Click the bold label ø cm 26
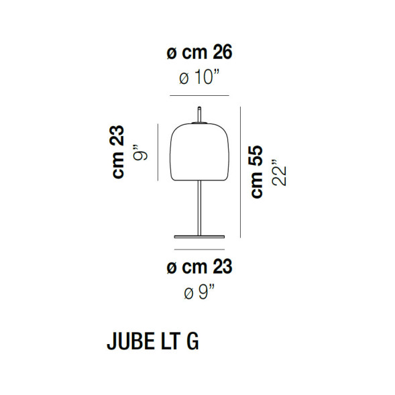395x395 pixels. pos(199,52)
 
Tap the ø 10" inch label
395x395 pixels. pos(199,79)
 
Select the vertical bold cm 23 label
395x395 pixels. pos(119,153)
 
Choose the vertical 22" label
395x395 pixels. pos(279,173)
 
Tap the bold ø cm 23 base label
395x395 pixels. pos(199,268)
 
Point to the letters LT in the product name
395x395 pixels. pos(170,341)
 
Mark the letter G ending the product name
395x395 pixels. pos(192,341)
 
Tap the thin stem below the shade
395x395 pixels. pos(199,208)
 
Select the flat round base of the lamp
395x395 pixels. pos(199,236)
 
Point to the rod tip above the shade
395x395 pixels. pos(199,111)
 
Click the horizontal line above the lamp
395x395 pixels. pos(199,96)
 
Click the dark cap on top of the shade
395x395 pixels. pos(199,123)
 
